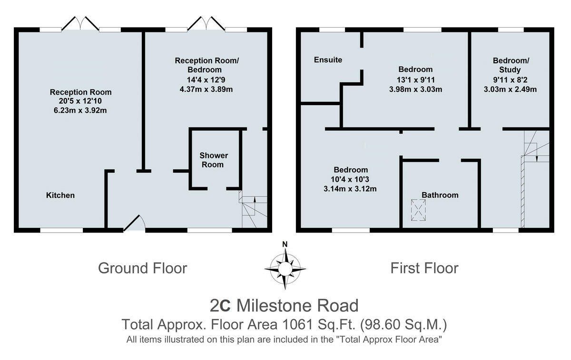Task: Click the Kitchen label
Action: pyautogui.click(x=60, y=195)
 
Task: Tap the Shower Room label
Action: pyautogui.click(x=213, y=160)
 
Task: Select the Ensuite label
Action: pyautogui.click(x=328, y=59)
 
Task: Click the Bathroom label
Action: pyautogui.click(x=440, y=195)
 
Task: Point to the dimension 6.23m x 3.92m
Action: pyautogui.click(x=80, y=110)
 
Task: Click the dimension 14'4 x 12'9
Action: pyautogui.click(x=206, y=80)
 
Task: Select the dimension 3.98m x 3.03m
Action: pyautogui.click(x=415, y=89)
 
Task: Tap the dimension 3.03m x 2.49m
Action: pyautogui.click(x=510, y=89)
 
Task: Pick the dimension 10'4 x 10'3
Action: pyautogui.click(x=350, y=179)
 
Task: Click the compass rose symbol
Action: pyautogui.click(x=285, y=269)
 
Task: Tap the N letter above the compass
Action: pyautogui.click(x=285, y=244)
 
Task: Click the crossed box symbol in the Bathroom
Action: pyautogui.click(x=418, y=210)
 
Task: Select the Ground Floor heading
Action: pyautogui.click(x=142, y=268)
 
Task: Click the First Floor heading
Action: pyautogui.click(x=424, y=268)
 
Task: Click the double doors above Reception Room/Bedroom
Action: pyautogui.click(x=206, y=23)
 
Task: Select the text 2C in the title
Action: pyautogui.click(x=220, y=306)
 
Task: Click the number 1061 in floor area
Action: pyautogui.click(x=297, y=324)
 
